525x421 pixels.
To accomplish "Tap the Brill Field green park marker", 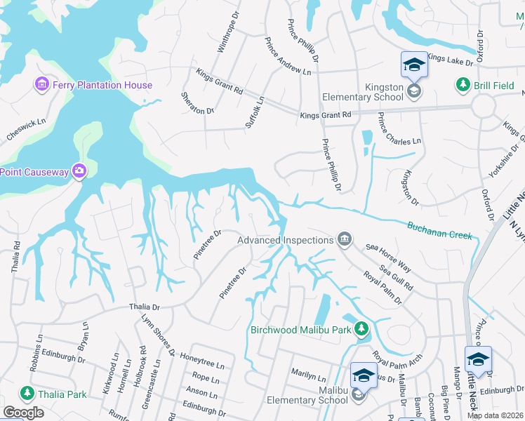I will tap(463, 85).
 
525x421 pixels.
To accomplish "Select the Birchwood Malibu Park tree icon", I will tap(361, 328).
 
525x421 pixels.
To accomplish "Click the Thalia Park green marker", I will tap(27, 394).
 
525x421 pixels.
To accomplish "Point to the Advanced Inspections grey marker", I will tap(345, 240).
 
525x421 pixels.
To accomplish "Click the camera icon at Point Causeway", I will tap(79, 171).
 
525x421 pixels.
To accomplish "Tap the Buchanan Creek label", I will tap(440, 229).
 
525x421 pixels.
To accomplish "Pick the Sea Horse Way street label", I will tap(388, 258).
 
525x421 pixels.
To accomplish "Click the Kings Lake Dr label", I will tap(450, 61).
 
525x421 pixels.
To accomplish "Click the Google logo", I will tap(23, 413).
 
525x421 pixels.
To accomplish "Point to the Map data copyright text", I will tap(495, 415).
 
